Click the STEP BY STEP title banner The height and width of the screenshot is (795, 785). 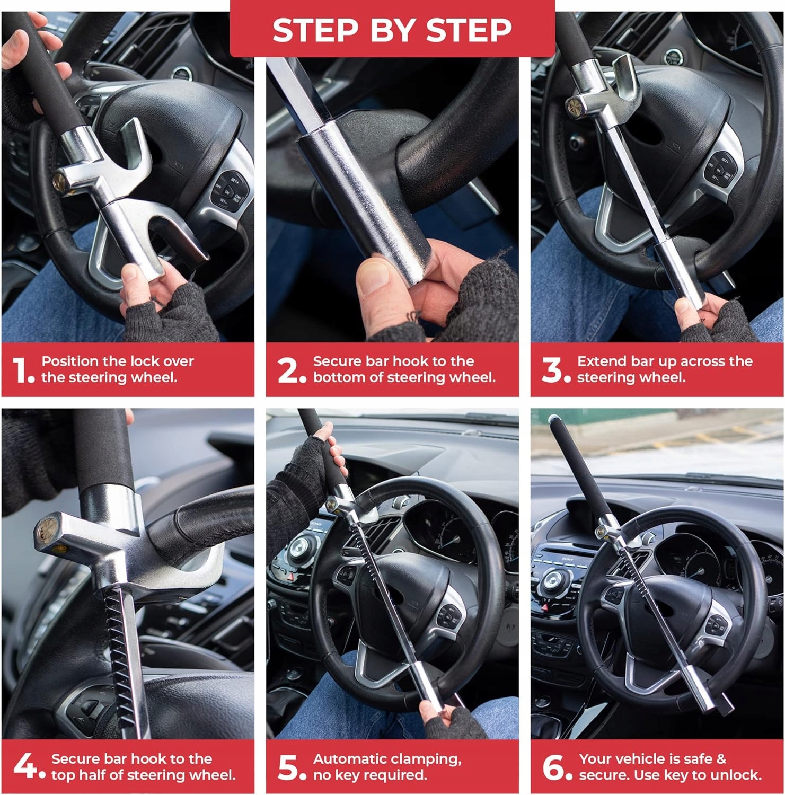point(392,29)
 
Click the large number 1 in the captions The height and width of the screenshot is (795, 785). point(21,369)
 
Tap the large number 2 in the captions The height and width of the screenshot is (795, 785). point(289,369)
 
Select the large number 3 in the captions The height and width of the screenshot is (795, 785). point(553,369)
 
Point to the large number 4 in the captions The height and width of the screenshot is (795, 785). point(25,766)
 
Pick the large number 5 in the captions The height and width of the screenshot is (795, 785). point(289,767)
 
